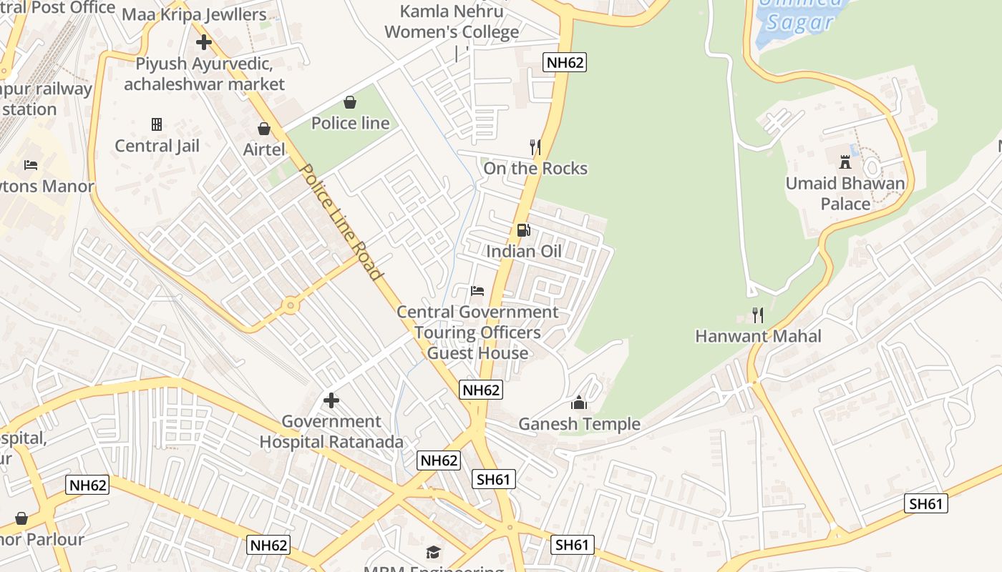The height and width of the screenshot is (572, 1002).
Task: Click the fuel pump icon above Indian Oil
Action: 524,230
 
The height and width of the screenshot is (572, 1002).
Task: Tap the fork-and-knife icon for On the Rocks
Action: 535,147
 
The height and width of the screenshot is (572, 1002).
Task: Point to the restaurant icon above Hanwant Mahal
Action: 758,315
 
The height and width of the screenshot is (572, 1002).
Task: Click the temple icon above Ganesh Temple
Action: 579,403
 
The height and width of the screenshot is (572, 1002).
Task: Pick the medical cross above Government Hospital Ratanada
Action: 331,400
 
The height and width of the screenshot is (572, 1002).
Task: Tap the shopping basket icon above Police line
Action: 350,102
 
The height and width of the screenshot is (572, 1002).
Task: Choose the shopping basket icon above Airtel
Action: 264,129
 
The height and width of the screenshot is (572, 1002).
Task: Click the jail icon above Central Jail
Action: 157,124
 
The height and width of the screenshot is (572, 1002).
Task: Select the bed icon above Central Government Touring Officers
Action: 477,290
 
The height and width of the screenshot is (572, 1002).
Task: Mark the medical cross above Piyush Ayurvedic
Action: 204,42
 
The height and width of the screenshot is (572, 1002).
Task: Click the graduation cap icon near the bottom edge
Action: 433,552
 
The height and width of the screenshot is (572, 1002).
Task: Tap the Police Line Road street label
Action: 342,222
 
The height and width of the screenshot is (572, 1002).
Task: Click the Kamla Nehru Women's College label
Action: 452,21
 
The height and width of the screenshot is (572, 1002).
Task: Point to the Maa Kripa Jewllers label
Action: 194,14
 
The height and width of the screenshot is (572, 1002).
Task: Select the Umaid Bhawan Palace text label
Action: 845,193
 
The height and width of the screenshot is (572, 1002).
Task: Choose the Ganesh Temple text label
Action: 579,424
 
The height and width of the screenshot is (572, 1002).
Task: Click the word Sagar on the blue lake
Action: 800,22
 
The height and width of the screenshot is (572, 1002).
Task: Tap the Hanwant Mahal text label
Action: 758,336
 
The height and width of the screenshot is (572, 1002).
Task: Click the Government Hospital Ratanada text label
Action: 331,431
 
